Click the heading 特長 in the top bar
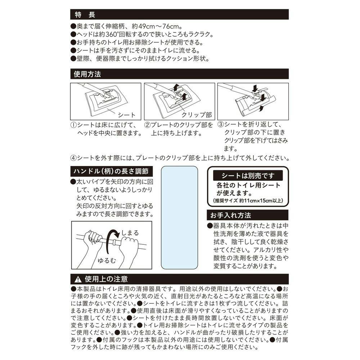click(x=85, y=15)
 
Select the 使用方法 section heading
click(x=87, y=74)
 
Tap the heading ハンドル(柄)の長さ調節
click(x=111, y=171)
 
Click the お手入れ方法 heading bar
click(x=230, y=215)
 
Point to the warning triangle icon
click(x=78, y=279)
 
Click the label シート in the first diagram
click(x=127, y=115)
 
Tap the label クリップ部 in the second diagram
click(x=197, y=115)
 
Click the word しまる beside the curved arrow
click(x=130, y=233)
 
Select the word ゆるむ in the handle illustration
click(x=107, y=260)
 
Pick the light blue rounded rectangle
click(x=179, y=217)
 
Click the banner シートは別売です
click(x=248, y=176)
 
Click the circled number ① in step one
click(x=73, y=125)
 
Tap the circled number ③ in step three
click(x=220, y=125)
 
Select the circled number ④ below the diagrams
click(x=73, y=158)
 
